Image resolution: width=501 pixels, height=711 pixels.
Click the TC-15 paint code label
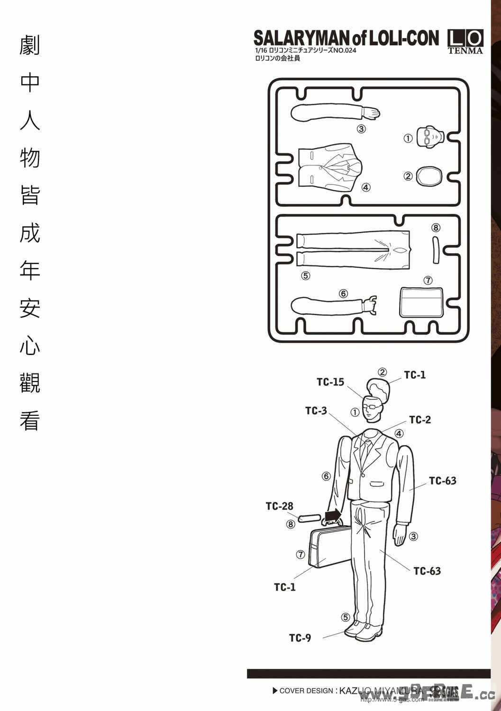pos(330,382)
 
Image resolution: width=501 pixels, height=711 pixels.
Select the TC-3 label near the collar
pos(316,410)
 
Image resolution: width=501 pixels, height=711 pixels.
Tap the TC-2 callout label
pos(420,419)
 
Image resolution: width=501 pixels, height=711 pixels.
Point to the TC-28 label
pos(279,506)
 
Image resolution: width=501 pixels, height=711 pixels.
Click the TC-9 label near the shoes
pos(300,638)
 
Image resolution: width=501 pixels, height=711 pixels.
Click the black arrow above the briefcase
pos(334,514)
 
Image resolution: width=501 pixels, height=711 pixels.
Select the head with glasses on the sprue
pos(429,137)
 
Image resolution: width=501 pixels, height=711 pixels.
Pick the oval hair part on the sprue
pos(429,176)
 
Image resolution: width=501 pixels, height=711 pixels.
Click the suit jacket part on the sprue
pos(330,169)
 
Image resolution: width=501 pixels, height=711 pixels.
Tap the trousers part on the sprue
pos(352,249)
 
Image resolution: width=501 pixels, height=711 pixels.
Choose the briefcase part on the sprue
pos(421,302)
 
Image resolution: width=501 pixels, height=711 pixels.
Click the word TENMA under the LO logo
pos(465,51)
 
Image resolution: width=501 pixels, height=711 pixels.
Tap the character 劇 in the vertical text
pos(29,46)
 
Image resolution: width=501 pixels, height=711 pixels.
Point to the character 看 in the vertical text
pos(29,420)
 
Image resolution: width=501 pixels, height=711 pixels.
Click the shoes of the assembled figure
pos(363,630)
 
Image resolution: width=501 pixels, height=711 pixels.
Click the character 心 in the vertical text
pos(29,346)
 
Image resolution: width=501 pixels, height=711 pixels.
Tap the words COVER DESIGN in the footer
pos(306,691)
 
